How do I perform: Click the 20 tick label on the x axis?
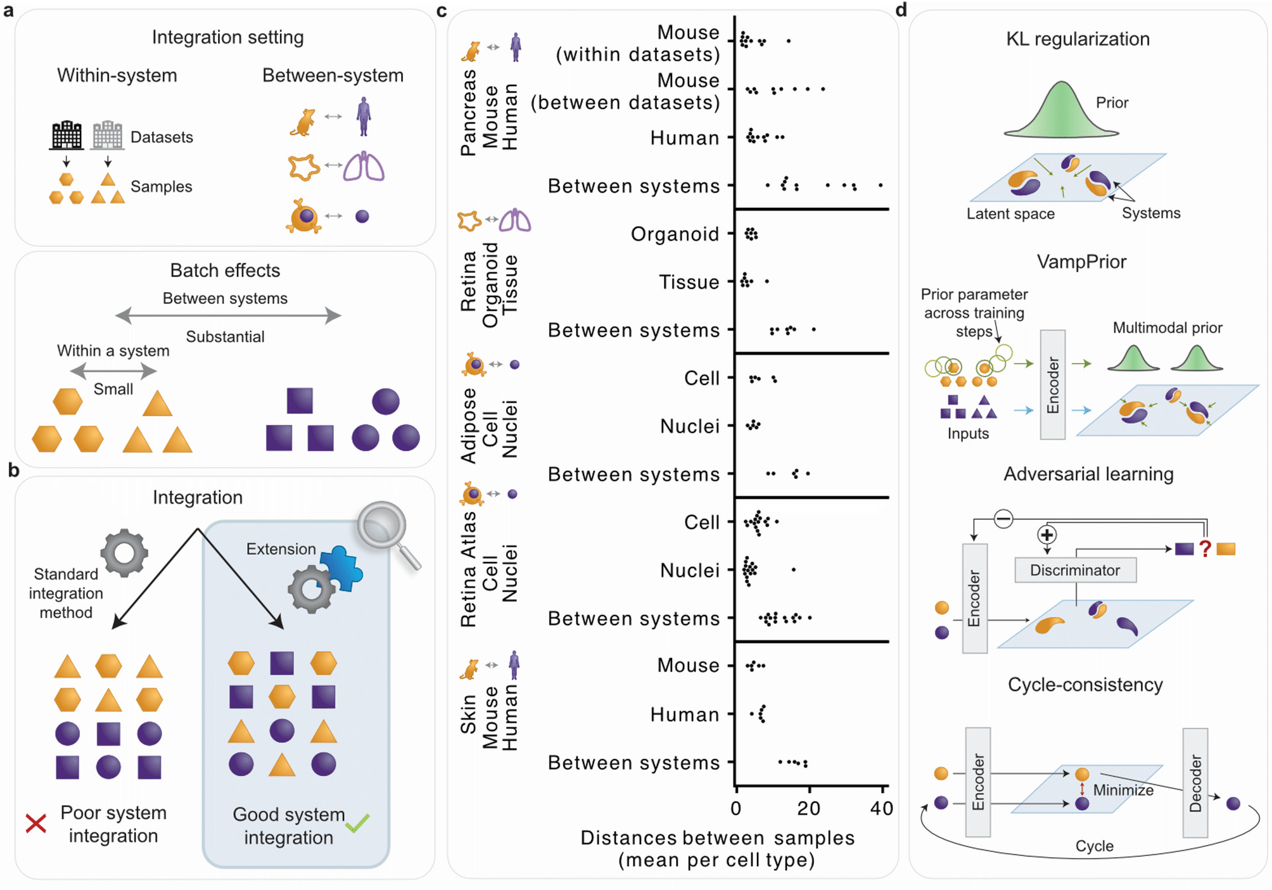pyautogui.click(x=808, y=808)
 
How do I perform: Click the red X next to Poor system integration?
pyautogui.click(x=36, y=823)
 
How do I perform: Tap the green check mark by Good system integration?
pyautogui.click(x=357, y=822)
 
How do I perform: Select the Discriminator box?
pyautogui.click(x=1074, y=570)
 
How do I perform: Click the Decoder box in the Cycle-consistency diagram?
pyautogui.click(x=1195, y=782)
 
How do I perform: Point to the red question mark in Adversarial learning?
pyautogui.click(x=1205, y=549)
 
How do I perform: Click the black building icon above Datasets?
pyautogui.click(x=67, y=135)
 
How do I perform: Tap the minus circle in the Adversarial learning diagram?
pyautogui.click(x=1003, y=519)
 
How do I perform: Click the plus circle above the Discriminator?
pyautogui.click(x=1046, y=535)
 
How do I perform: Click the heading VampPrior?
pyautogui.click(x=1081, y=262)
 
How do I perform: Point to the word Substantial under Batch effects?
pyautogui.click(x=225, y=336)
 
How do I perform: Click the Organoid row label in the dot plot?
pyautogui.click(x=675, y=234)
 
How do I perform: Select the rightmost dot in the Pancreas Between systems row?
pyautogui.click(x=881, y=185)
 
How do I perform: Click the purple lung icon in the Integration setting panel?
pyautogui.click(x=364, y=167)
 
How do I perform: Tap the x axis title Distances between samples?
pyautogui.click(x=717, y=837)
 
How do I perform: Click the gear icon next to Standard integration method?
pyautogui.click(x=124, y=552)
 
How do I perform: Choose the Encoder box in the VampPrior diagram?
pyautogui.click(x=1052, y=385)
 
